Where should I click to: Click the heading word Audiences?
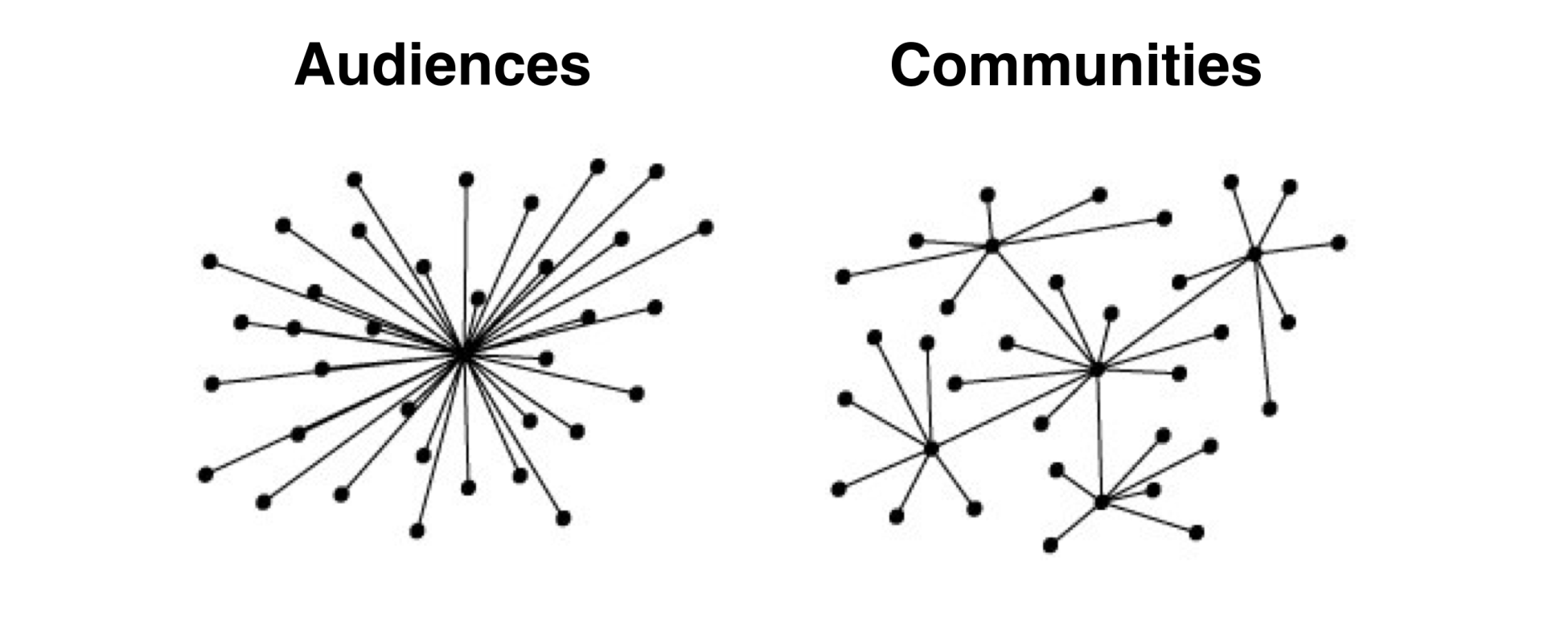[442, 64]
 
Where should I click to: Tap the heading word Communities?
[1075, 64]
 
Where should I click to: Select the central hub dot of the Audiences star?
[463, 354]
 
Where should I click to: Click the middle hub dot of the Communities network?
[1096, 369]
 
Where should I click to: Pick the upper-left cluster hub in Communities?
[992, 245]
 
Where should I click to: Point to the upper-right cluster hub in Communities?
[1254, 254]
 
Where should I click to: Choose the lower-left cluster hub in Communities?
[931, 448]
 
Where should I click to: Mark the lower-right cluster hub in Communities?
[1101, 502]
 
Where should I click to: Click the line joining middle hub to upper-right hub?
[1174, 312]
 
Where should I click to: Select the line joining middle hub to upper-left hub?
[1044, 307]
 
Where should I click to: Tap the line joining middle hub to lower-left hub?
[1013, 409]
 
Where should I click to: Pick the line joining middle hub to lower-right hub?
[1098, 434]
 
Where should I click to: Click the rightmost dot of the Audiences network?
[705, 228]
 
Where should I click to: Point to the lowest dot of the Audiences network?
[417, 531]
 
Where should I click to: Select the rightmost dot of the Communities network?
[1338, 242]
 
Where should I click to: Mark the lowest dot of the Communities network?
[1050, 545]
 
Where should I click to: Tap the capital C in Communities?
[914, 64]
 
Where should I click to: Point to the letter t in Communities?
[1181, 64]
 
